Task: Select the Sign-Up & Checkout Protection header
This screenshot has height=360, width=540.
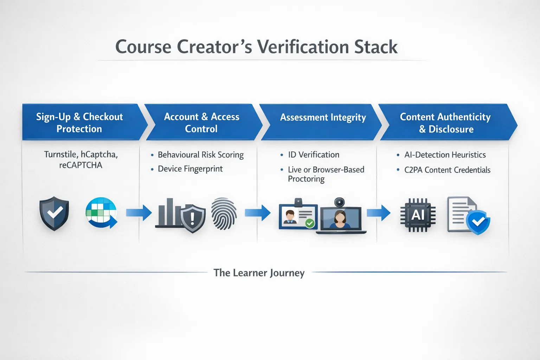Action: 80,122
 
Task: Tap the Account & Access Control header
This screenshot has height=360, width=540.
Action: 201,122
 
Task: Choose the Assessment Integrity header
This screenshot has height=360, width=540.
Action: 323,117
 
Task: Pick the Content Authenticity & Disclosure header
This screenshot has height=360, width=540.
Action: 445,122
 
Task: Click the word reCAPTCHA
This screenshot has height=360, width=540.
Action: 81,165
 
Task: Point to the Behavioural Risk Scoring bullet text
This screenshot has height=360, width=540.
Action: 200,155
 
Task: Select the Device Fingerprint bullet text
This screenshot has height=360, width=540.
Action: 190,169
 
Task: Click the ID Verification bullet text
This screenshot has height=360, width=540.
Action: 314,155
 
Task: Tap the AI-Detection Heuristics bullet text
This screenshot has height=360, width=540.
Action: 445,155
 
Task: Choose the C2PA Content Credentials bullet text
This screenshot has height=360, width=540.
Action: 447,170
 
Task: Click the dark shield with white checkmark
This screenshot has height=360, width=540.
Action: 54,213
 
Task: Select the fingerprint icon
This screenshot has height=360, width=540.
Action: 224,214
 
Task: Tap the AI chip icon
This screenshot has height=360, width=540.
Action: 418,215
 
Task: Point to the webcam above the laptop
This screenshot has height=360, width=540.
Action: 339,202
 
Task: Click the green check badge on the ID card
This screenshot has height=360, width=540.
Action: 310,223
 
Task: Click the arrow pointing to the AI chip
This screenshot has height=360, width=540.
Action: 379,213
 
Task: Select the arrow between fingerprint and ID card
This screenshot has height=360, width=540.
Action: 257,213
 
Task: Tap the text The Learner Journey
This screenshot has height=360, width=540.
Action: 259,273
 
